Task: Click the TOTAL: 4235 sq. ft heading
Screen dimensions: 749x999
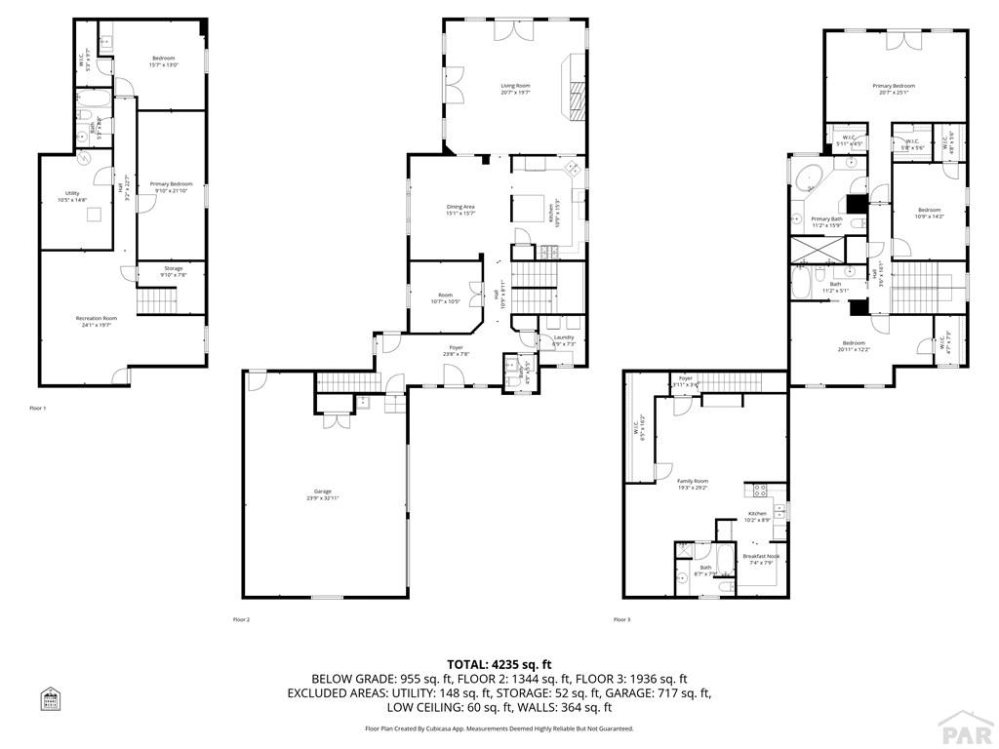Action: coord(499,663)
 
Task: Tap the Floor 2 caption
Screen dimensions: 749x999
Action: coord(241,619)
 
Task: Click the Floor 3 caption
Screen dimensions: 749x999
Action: coord(621,619)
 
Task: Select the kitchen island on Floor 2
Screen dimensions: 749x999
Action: coord(529,208)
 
